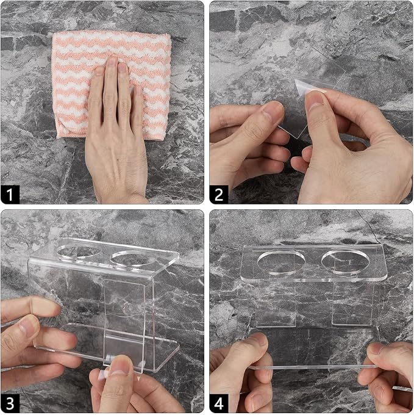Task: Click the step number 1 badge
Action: coord(10,194)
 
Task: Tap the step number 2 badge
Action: coord(219,194)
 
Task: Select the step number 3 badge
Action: coord(10,403)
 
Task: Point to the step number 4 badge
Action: coord(219,403)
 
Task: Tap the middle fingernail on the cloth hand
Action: coord(113,62)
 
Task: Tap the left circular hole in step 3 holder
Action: coord(79,252)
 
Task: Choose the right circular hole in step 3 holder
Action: coord(134,258)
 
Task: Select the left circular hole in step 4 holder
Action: coord(281,262)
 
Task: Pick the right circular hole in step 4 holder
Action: coord(346,261)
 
